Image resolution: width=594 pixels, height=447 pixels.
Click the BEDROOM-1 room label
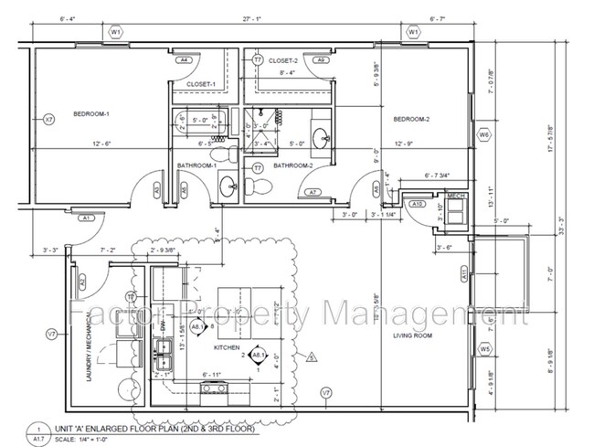point(90,114)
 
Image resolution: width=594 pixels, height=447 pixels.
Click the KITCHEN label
point(226,349)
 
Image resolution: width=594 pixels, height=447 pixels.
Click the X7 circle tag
point(49,119)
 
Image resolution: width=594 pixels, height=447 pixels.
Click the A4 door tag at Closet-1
point(184,59)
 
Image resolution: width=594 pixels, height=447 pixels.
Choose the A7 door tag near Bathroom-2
point(313,192)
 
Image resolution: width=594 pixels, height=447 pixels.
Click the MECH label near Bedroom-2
point(455,196)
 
